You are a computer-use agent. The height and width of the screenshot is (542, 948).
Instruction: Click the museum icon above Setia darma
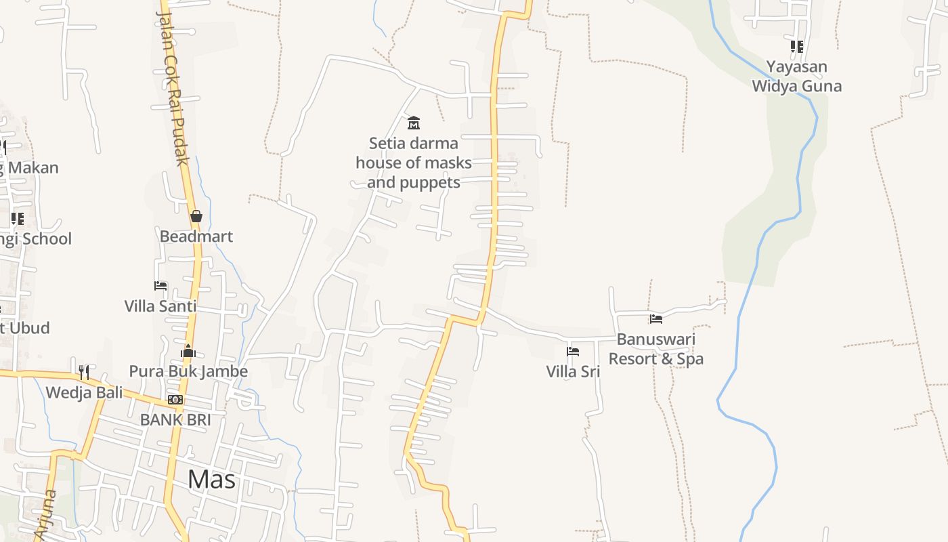tap(413, 123)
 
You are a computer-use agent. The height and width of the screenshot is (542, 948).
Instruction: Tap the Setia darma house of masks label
tap(413, 163)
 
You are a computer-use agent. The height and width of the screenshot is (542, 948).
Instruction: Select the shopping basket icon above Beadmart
tap(196, 216)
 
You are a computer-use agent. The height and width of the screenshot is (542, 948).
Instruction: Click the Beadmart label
tap(196, 236)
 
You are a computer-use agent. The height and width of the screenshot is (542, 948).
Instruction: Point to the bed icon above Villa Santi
tap(160, 286)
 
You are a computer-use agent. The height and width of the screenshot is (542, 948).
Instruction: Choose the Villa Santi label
tap(160, 306)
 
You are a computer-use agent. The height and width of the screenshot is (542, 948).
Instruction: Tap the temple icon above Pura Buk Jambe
tap(188, 351)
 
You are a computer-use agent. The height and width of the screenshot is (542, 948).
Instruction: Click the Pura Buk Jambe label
tap(188, 371)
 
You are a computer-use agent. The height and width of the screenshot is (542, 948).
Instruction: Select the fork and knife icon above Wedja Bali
tap(84, 372)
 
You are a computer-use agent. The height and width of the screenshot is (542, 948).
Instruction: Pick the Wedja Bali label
tap(84, 392)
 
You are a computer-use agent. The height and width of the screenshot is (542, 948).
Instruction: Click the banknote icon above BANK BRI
tap(175, 400)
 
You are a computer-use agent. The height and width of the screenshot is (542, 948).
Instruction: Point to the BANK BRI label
tap(175, 420)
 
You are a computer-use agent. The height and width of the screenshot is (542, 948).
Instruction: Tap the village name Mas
tap(211, 480)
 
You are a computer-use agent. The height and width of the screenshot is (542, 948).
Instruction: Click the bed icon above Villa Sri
tap(573, 351)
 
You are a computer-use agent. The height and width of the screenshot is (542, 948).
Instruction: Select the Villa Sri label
tap(573, 371)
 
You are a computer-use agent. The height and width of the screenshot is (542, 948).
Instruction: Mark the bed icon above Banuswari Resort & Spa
tap(655, 318)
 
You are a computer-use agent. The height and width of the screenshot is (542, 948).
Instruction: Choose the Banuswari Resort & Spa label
tap(655, 349)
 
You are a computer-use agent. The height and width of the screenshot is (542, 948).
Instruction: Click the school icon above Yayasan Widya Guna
tap(796, 47)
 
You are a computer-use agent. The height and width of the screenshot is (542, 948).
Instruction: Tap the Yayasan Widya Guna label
tap(796, 77)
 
